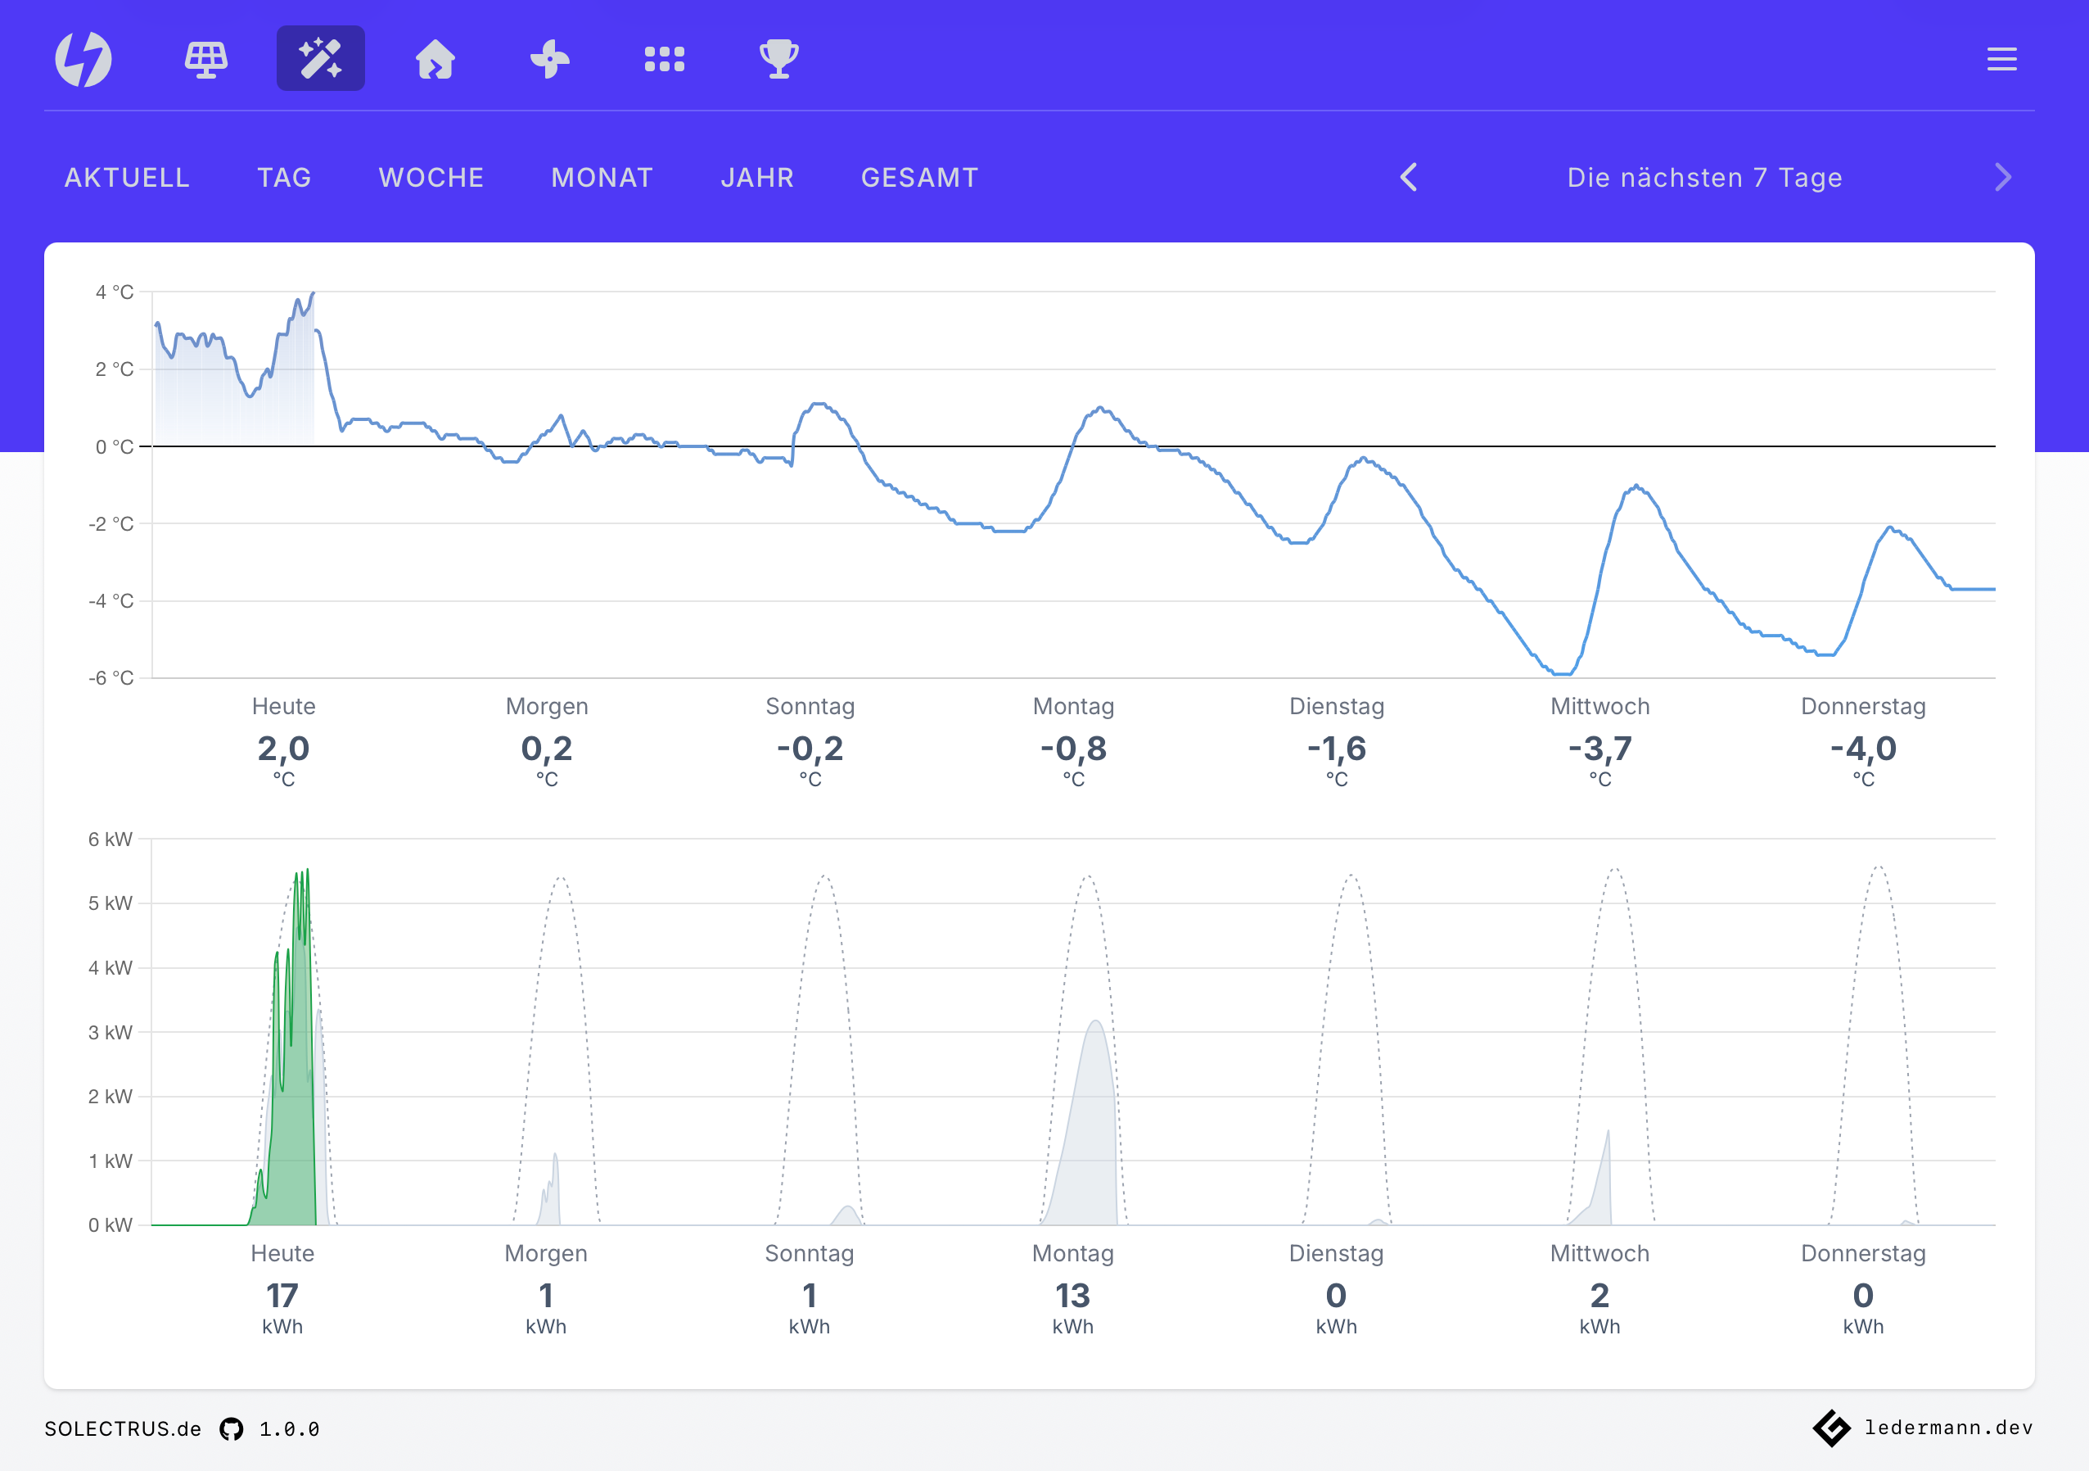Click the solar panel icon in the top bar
206,60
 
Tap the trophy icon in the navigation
778,60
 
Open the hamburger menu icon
2001,60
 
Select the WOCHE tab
431,178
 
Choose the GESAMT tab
919,178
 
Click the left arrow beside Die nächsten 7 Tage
1409,178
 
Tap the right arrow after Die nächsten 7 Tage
2002,178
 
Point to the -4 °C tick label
111,601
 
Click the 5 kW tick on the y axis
110,903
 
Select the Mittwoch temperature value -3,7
1599,749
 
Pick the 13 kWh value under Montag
1072,1296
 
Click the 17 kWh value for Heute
282,1296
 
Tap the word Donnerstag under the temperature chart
1862,706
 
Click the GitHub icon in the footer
232,1429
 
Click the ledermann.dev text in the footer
1948,1428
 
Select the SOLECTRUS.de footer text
123,1429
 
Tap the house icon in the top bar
435,60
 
